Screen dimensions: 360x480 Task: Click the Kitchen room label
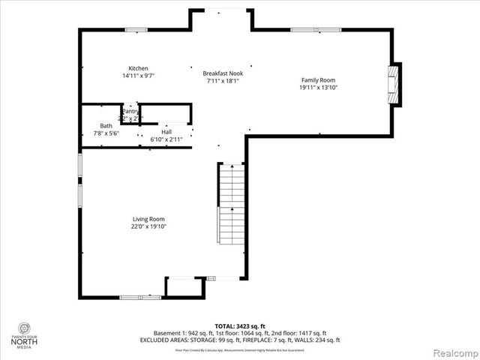(x=137, y=68)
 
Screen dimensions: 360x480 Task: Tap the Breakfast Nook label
(x=223, y=73)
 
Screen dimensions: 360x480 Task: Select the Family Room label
(x=317, y=80)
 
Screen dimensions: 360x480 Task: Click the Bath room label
(x=106, y=126)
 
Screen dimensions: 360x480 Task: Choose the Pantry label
(x=130, y=112)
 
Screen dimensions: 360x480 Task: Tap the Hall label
(x=166, y=131)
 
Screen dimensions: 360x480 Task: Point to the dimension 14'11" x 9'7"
(x=137, y=76)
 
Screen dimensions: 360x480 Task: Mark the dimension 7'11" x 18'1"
(x=223, y=81)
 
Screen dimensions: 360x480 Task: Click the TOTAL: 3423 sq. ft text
(x=240, y=326)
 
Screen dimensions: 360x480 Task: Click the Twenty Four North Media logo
(x=25, y=334)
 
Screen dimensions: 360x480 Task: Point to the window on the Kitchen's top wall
(x=136, y=30)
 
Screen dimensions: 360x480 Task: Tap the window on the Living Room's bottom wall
(x=139, y=298)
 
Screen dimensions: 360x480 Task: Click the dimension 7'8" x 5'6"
(x=106, y=133)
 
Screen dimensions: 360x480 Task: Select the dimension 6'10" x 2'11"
(x=166, y=139)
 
